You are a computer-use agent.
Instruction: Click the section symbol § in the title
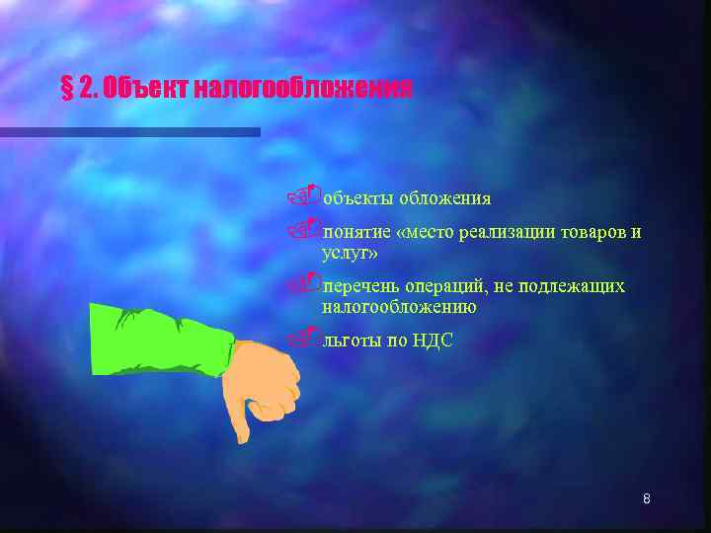click(66, 90)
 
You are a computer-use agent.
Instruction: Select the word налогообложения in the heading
click(302, 90)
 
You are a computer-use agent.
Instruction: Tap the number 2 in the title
click(86, 90)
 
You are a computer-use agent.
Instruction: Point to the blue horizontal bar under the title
click(129, 131)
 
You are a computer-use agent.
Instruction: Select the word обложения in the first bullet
click(445, 198)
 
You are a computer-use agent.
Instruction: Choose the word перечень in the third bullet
click(359, 286)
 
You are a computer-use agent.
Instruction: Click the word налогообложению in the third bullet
click(399, 307)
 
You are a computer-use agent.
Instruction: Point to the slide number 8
click(646, 498)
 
